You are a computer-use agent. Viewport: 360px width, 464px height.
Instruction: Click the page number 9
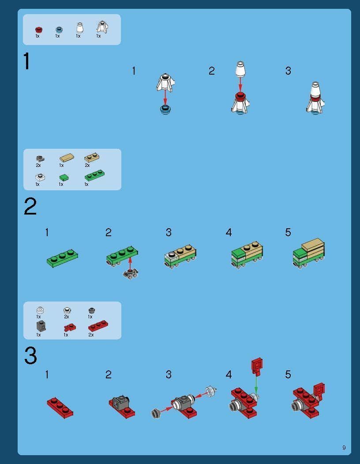[344, 447]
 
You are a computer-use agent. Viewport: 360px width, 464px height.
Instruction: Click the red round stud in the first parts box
[39, 29]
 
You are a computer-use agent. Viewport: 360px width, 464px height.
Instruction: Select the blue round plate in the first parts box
[59, 29]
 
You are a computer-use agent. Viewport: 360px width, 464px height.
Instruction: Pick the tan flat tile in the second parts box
[67, 158]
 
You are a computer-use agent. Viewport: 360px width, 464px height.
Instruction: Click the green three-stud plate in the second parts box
[95, 175]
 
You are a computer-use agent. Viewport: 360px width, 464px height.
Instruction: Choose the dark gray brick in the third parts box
[41, 326]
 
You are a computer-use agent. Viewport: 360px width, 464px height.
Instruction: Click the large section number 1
[27, 61]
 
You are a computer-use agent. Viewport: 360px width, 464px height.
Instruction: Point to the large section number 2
[30, 206]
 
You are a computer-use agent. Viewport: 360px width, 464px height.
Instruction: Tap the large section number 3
[30, 355]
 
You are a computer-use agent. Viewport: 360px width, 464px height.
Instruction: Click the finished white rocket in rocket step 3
[315, 98]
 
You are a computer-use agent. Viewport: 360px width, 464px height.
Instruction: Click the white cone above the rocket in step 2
[240, 69]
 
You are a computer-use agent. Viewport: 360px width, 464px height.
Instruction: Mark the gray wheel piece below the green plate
[131, 274]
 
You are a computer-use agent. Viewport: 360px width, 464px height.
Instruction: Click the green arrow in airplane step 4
[256, 384]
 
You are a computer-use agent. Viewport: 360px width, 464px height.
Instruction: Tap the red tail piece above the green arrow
[257, 366]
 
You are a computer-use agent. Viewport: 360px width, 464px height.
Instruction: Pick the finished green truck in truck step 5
[309, 253]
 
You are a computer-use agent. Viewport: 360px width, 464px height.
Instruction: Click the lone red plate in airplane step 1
[60, 407]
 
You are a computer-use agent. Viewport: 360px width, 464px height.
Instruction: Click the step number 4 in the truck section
[229, 232]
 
